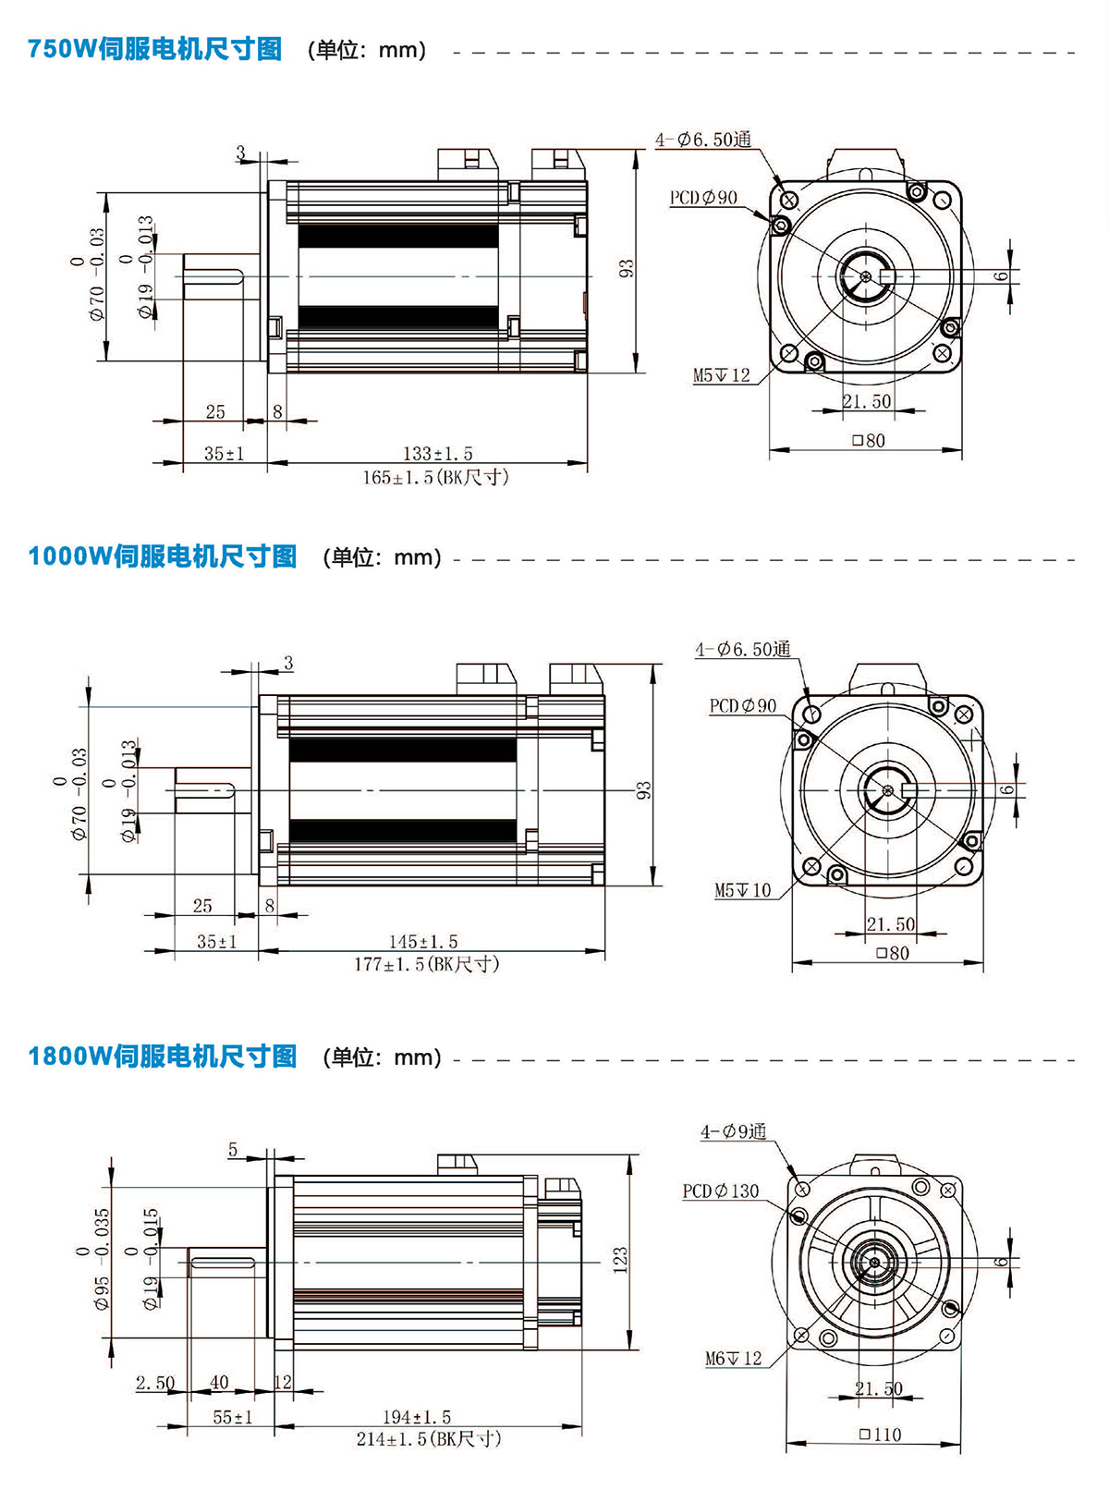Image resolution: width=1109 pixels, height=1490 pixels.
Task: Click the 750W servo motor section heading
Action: pos(154,49)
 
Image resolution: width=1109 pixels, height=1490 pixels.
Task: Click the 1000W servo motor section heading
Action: pos(163,556)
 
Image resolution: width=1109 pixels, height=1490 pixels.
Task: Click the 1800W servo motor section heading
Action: pos(163,1056)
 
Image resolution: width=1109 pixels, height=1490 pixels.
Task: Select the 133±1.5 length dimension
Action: pos(437,453)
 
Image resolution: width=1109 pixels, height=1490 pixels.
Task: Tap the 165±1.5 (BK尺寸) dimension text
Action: pos(435,477)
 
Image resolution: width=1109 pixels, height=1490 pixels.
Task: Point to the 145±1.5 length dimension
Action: pos(422,941)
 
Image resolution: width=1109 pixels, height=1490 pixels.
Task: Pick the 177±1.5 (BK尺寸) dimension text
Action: pos(426,964)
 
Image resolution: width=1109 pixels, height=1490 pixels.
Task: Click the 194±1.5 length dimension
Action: pos(417,1416)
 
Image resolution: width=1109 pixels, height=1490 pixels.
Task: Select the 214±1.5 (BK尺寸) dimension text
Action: pos(428,1439)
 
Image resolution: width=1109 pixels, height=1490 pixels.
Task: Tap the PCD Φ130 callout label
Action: pos(720,1191)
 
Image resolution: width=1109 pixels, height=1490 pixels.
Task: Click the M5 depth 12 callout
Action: pos(722,375)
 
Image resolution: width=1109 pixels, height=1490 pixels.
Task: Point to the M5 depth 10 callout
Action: pos(742,890)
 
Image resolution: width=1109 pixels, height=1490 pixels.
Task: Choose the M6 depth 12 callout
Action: pos(733,1358)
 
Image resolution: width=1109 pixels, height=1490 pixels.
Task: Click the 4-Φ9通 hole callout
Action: pos(733,1131)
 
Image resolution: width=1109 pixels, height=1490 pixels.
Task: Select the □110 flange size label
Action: pos(879,1435)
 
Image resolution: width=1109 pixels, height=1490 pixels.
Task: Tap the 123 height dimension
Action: pos(620,1259)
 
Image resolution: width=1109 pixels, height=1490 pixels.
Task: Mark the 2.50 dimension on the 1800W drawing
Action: pos(154,1383)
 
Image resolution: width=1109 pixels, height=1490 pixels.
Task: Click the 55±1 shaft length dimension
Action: pos(232,1416)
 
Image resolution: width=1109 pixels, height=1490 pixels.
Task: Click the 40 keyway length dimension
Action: pos(219,1382)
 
